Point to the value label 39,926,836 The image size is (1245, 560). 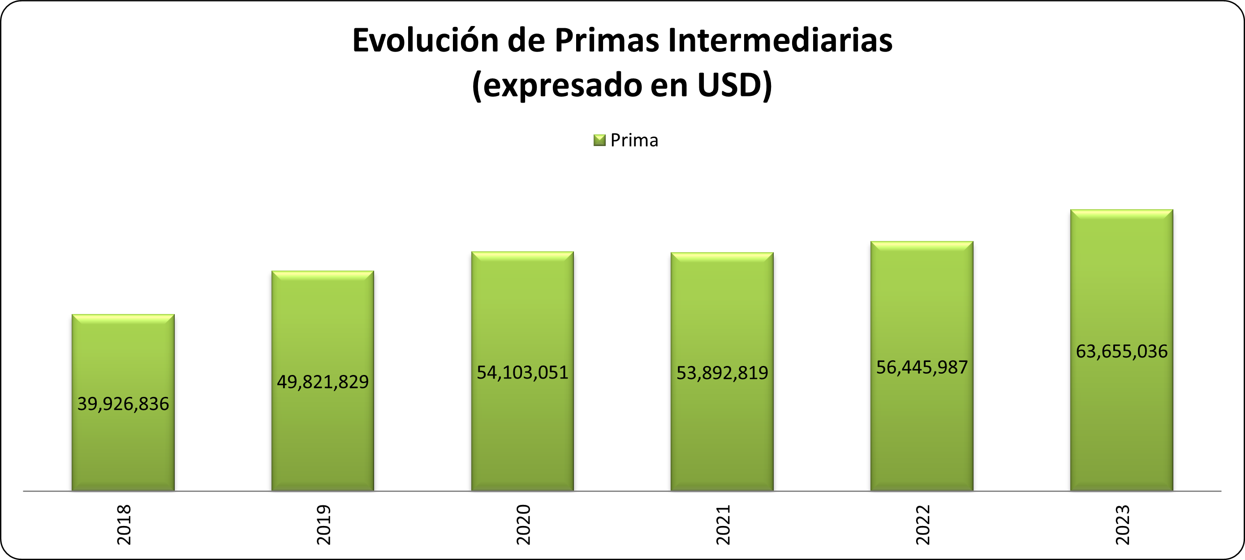[x=123, y=404]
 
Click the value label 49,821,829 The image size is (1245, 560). [x=323, y=382]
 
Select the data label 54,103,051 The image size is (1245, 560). [x=522, y=372]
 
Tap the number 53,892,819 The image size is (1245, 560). [x=722, y=373]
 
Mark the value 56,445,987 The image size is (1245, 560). [x=922, y=367]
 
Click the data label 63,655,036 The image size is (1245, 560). [x=1121, y=351]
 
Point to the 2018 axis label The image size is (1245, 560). [x=124, y=525]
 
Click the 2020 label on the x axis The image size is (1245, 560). [x=523, y=525]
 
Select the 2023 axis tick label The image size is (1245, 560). [x=1122, y=525]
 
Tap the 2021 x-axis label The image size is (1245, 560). [x=723, y=525]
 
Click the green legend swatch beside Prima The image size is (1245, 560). [x=599, y=140]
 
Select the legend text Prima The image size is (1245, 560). [x=634, y=140]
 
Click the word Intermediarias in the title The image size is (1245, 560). [x=780, y=41]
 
